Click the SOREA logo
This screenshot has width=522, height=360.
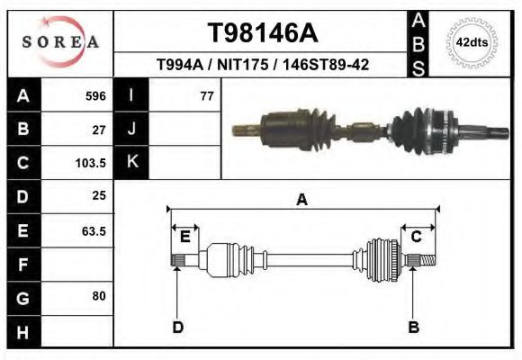[x=60, y=42]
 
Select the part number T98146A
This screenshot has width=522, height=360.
[x=262, y=33]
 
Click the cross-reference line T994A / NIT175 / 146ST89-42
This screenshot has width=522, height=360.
[x=262, y=65]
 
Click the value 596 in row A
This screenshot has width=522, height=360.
[x=95, y=96]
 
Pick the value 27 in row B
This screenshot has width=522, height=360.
[x=99, y=130]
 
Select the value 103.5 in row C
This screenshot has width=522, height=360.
[x=92, y=163]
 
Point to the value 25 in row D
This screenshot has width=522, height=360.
[x=99, y=196]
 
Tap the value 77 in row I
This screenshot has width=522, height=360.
[x=206, y=96]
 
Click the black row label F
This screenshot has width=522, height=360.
[x=22, y=265]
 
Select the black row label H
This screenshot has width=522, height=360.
[x=22, y=331]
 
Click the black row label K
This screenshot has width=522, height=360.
[x=132, y=163]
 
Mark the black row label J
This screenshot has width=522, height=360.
[x=132, y=130]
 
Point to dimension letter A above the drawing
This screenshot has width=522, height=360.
[x=301, y=200]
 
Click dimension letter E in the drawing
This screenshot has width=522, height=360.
[x=184, y=238]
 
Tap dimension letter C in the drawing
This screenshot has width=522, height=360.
[x=417, y=238]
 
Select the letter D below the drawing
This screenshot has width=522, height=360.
[x=177, y=327]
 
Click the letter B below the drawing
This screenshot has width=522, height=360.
[x=413, y=327]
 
